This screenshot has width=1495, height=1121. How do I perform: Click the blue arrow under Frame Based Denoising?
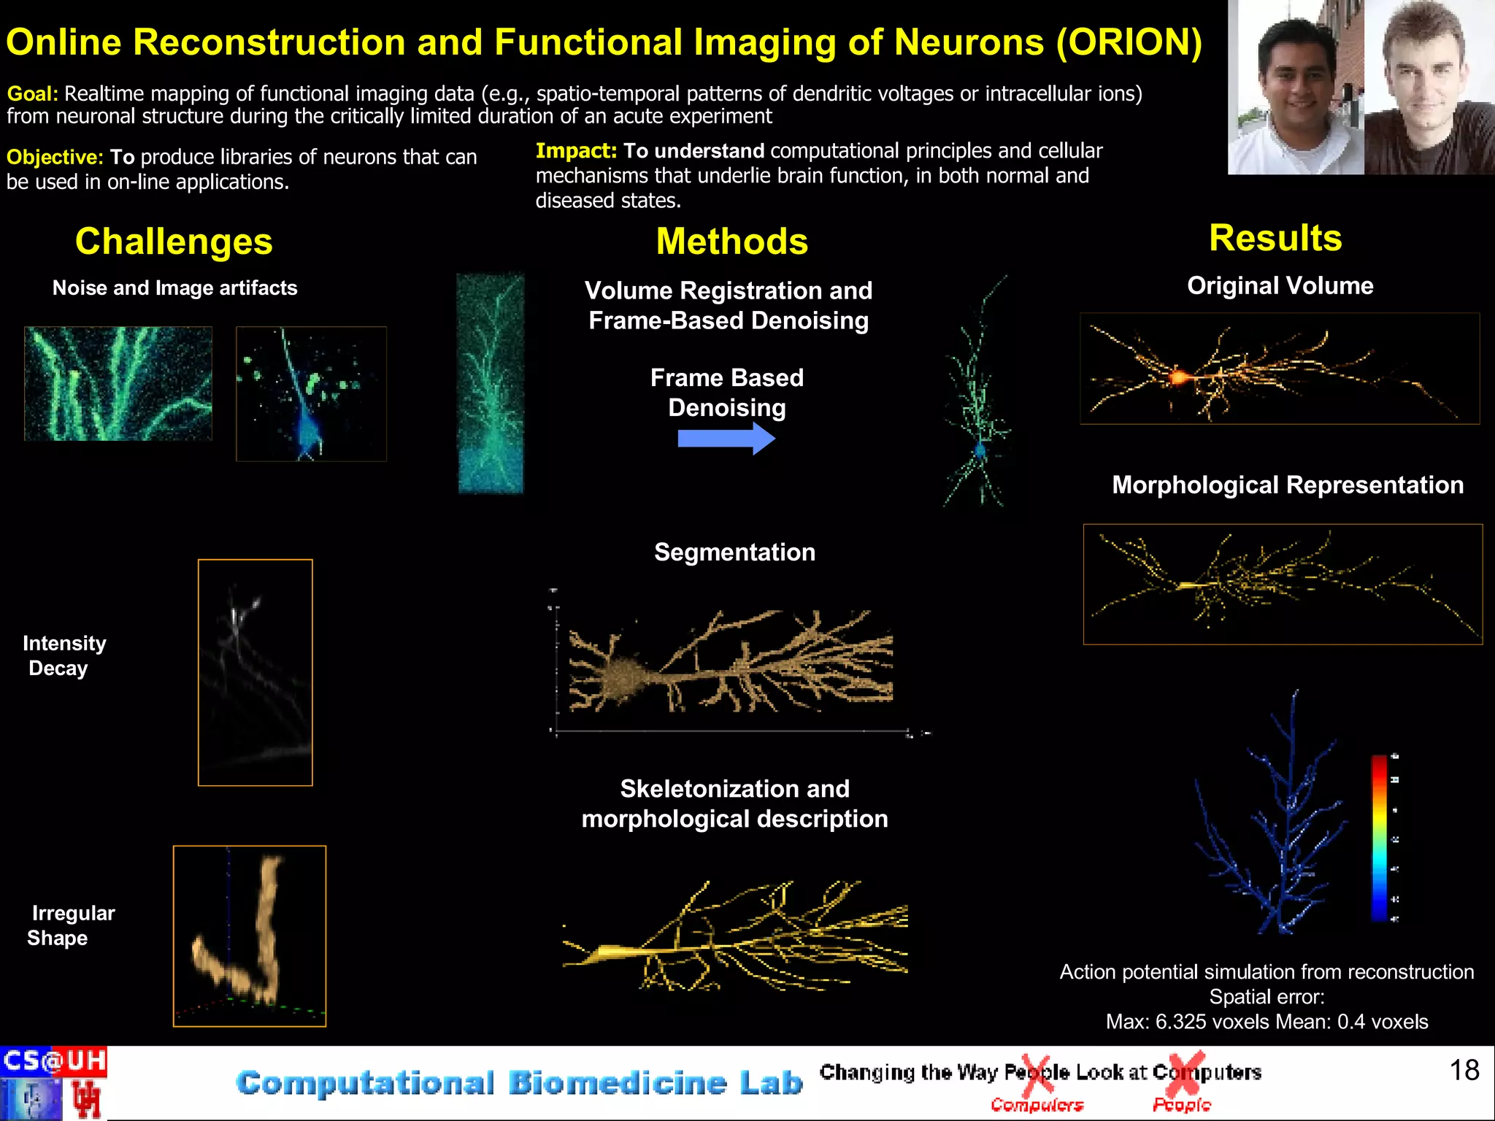(x=726, y=439)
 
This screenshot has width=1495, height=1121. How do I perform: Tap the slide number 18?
(x=1464, y=1070)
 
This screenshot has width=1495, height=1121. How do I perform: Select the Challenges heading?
(x=174, y=242)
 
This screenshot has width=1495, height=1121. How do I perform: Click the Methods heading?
(x=731, y=242)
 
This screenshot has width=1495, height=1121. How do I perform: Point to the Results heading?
(x=1275, y=238)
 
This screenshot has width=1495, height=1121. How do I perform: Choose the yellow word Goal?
(x=32, y=94)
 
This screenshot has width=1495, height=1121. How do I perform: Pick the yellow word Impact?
(x=576, y=151)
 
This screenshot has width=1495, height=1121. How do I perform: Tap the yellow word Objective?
(x=55, y=157)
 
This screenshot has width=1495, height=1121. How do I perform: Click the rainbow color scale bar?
(x=1379, y=838)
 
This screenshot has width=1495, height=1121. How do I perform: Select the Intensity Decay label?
(x=64, y=655)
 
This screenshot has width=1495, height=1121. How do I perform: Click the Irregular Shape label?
(x=72, y=925)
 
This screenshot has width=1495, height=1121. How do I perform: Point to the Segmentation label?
(x=734, y=552)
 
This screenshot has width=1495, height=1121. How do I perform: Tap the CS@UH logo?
(x=54, y=1060)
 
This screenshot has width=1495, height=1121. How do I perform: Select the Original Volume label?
(x=1280, y=286)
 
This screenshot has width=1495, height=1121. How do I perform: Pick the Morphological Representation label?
(x=1287, y=485)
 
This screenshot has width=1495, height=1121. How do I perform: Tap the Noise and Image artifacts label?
(x=174, y=288)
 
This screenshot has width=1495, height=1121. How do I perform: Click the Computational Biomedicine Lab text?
(x=519, y=1083)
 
